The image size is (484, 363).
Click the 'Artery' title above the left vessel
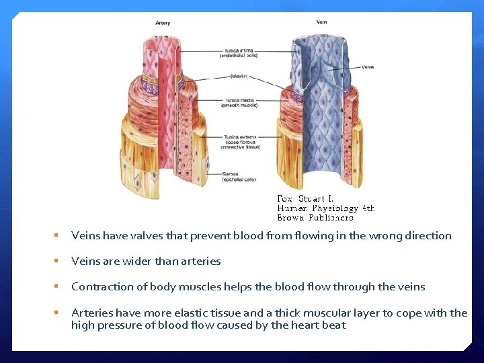click(162, 23)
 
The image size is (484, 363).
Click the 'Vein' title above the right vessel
click(321, 22)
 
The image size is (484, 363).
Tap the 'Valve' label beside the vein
click(368, 67)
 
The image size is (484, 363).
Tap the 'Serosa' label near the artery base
click(231, 173)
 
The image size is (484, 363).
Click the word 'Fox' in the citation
click(284, 198)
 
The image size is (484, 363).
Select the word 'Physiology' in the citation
click(335, 208)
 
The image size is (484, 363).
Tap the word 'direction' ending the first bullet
click(428, 235)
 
